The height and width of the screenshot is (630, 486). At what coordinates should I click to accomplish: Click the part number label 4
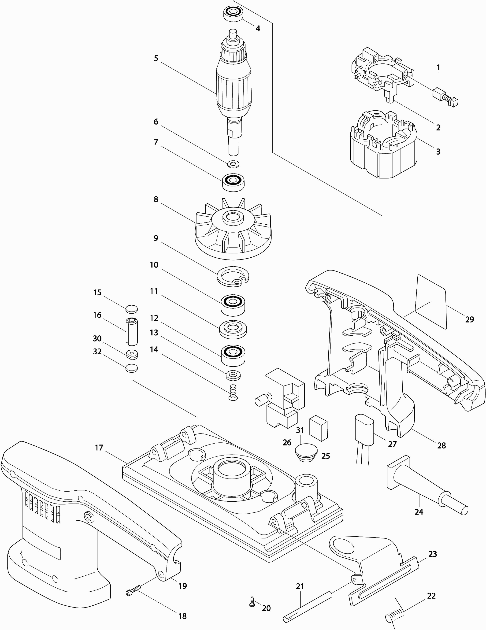pyautogui.click(x=258, y=29)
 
